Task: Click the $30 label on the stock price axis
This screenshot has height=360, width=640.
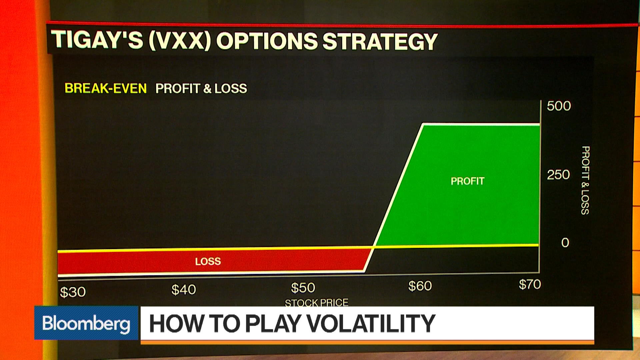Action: pos(73,292)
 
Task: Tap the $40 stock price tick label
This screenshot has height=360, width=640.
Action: pos(183,290)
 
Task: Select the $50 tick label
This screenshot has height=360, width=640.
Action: pos(303,288)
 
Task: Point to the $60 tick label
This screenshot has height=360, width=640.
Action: pos(420,286)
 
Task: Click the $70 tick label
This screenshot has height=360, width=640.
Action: pos(530,284)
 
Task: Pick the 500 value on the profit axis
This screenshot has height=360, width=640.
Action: pos(559,106)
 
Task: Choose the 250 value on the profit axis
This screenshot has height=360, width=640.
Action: pos(558,175)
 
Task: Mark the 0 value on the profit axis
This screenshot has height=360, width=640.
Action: pos(565,243)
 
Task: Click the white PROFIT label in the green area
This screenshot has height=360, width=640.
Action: pos(467,181)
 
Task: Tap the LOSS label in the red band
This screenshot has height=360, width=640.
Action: pos(208,261)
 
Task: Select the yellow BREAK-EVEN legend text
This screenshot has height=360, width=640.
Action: pos(106,88)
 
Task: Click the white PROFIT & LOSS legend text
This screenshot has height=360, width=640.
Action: pos(201,89)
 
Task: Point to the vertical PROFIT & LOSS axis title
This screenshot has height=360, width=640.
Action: pos(585,180)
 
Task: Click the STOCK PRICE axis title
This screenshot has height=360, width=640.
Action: pos(316,302)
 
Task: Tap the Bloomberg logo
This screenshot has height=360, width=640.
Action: pos(86,323)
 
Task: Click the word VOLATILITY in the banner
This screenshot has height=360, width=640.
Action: pos(370,323)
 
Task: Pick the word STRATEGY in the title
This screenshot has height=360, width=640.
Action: pos(380,42)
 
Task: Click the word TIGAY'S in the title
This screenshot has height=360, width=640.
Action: pos(97,40)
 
